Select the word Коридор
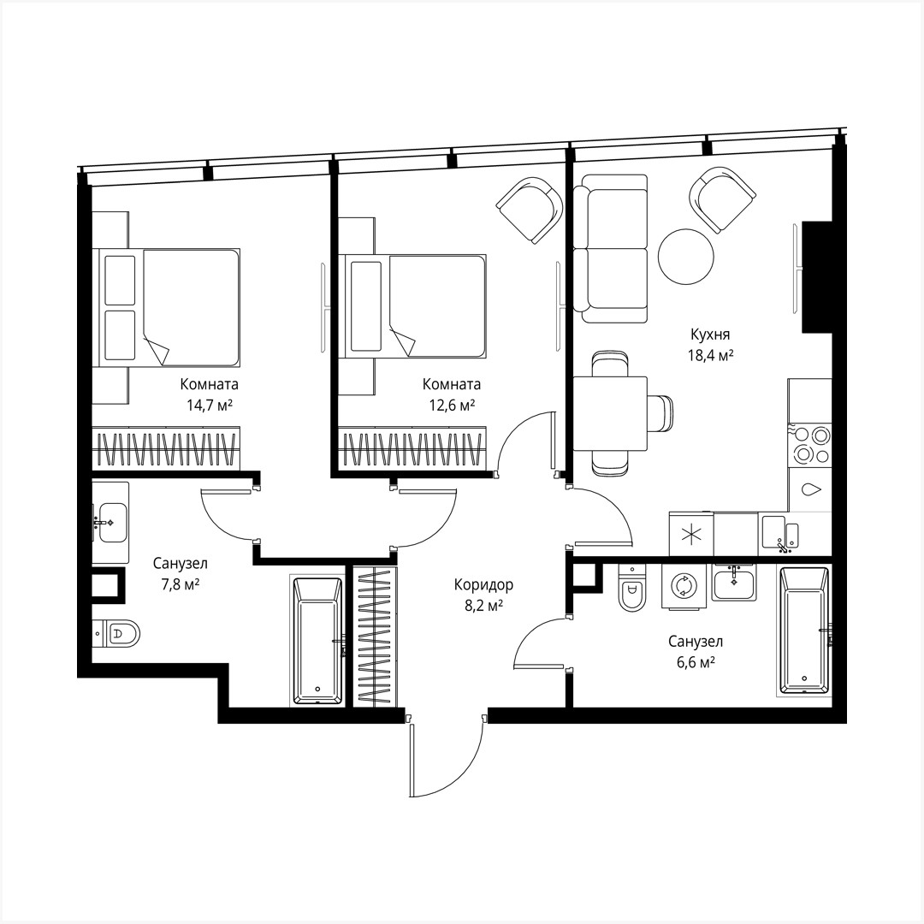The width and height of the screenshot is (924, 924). pyautogui.click(x=483, y=586)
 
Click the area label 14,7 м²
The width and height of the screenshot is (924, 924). pyautogui.click(x=210, y=405)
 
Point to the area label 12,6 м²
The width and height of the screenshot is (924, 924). pyautogui.click(x=453, y=405)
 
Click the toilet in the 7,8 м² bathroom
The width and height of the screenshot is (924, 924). pyautogui.click(x=121, y=634)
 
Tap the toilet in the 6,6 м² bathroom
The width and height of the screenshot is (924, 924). pyautogui.click(x=631, y=591)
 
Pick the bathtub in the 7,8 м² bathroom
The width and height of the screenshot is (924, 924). pyautogui.click(x=317, y=640)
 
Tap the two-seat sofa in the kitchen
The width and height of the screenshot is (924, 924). pyautogui.click(x=615, y=248)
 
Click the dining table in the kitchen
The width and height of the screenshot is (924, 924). pyautogui.click(x=609, y=412)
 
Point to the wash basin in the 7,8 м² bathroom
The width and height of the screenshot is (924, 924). pyautogui.click(x=111, y=521)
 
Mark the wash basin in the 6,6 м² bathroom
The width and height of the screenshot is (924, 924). pyautogui.click(x=733, y=583)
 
